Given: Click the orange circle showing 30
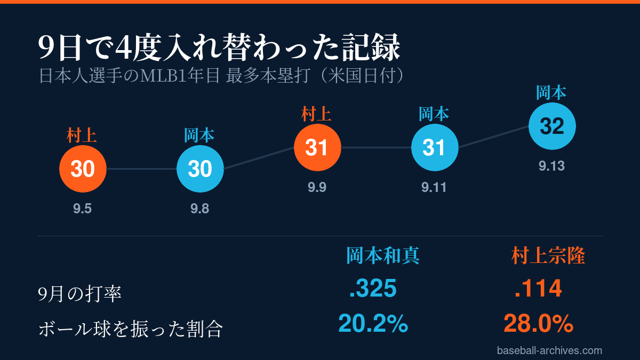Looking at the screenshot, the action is click(83, 169).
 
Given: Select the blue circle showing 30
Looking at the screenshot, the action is click(200, 169).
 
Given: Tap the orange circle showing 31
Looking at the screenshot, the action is click(317, 147).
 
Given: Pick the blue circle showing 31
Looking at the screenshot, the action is click(435, 147).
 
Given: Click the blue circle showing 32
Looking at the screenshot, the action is click(552, 126).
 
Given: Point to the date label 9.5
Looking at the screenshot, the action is click(82, 209).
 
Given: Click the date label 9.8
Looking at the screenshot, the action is click(199, 209).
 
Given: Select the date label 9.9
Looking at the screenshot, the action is click(317, 187).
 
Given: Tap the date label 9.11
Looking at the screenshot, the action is click(434, 187).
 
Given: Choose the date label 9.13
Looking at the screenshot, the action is click(551, 166).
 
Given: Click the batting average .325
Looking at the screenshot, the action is click(373, 289).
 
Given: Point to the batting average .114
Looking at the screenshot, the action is click(538, 289).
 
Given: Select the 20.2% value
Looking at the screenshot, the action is click(373, 324).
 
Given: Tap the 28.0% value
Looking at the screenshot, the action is click(538, 324).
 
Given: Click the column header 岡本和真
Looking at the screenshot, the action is click(383, 255).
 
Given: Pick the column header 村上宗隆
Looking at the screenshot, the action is click(548, 255).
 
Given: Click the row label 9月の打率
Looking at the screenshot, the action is click(79, 294).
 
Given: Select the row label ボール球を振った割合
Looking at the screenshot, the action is click(131, 329).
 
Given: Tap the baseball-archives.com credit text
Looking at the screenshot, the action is click(549, 350).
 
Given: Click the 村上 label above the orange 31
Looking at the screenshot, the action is click(316, 114).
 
